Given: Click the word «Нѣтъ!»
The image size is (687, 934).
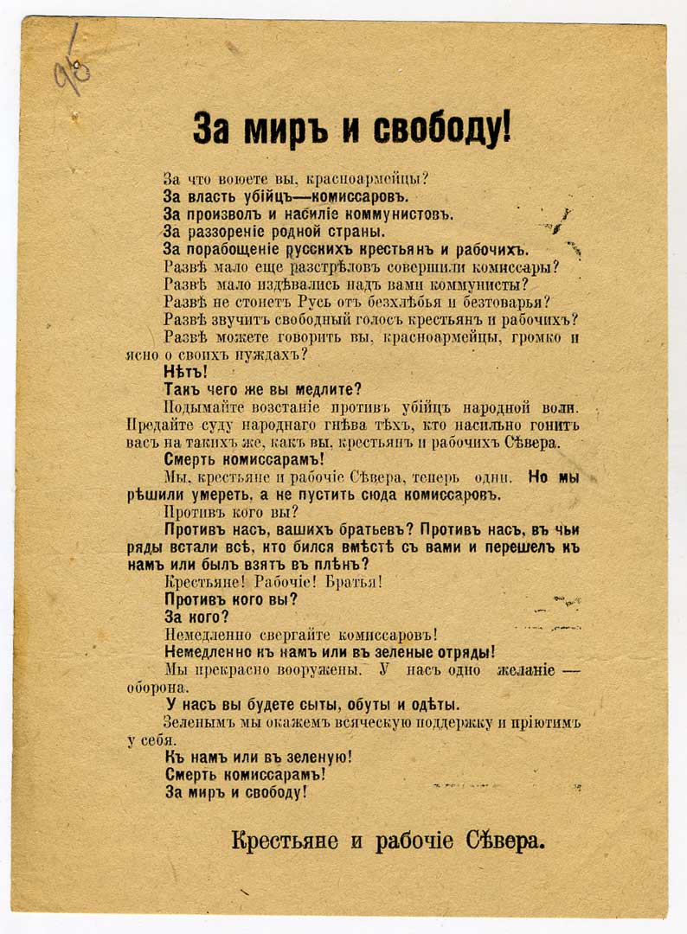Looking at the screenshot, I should (x=186, y=373).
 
